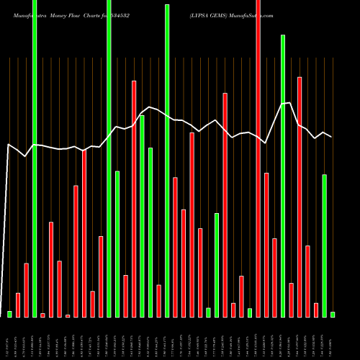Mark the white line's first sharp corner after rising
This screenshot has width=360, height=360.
pyautogui.click(x=9, y=145)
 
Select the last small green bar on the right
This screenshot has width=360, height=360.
pyautogui.click(x=333, y=314)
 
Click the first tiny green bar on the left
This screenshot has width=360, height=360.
pyautogui.click(x=9, y=314)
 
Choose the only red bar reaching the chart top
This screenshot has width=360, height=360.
pyautogui.click(x=258, y=158)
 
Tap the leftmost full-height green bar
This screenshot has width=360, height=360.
pyautogui.click(x=35, y=158)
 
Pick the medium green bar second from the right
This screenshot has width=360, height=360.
pyautogui.click(x=324, y=246)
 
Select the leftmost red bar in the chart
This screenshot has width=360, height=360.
pyautogui.click(x=18, y=305)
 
